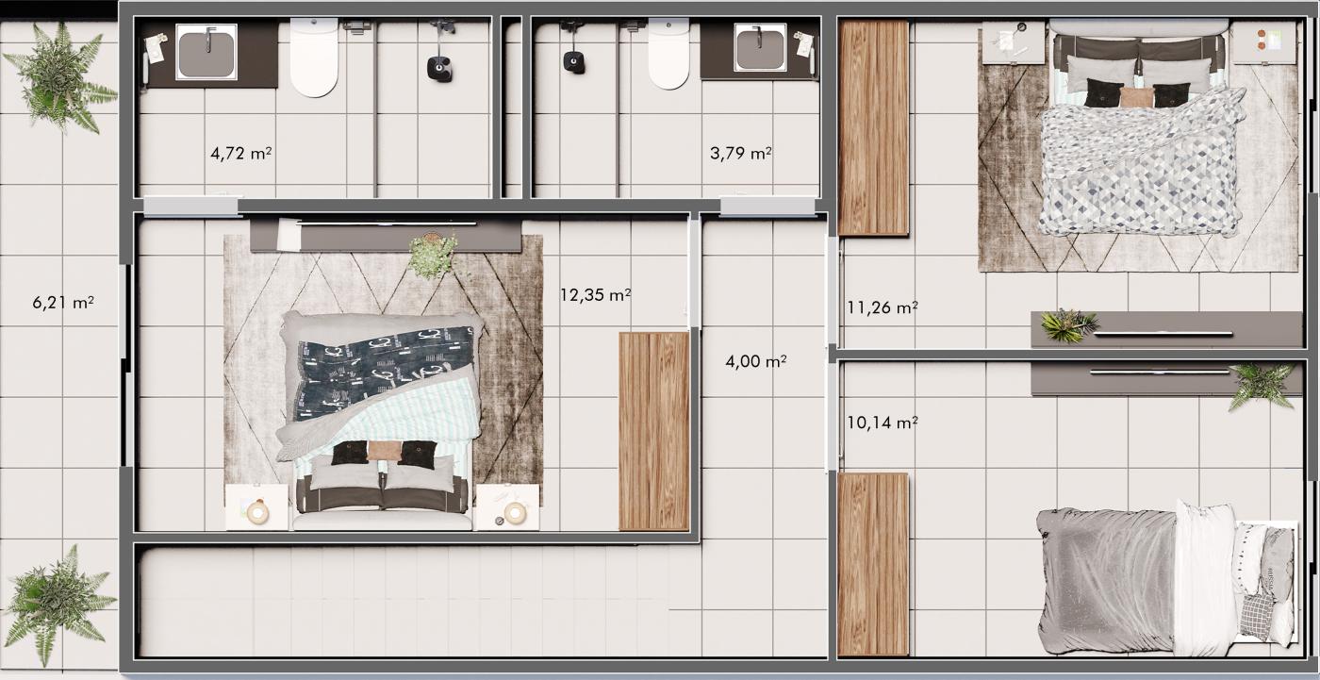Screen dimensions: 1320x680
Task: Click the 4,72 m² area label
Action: (241, 153)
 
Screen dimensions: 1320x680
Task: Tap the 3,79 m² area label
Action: (741, 153)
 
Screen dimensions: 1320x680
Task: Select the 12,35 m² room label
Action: (595, 294)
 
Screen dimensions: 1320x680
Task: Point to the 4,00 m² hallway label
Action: (755, 360)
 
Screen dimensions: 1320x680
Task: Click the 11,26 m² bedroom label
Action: (883, 307)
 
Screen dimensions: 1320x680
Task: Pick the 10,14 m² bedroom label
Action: (883, 423)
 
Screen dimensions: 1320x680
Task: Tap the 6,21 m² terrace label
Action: (63, 303)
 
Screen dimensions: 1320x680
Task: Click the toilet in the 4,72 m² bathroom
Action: (314, 58)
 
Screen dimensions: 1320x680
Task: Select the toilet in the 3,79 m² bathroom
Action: (668, 53)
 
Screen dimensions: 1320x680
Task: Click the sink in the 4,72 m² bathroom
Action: (206, 52)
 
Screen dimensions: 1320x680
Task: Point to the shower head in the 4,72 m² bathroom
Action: (439, 69)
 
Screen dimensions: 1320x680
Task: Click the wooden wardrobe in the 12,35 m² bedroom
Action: (653, 431)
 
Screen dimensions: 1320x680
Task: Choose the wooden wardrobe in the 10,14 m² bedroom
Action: (873, 564)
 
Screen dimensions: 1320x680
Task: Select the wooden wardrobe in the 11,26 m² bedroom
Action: (873, 128)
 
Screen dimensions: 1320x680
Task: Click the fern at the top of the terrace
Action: (58, 76)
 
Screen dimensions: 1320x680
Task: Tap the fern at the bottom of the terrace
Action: (58, 604)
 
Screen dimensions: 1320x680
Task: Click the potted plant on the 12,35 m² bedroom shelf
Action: (434, 256)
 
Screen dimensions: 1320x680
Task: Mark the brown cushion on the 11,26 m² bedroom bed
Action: (1135, 97)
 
